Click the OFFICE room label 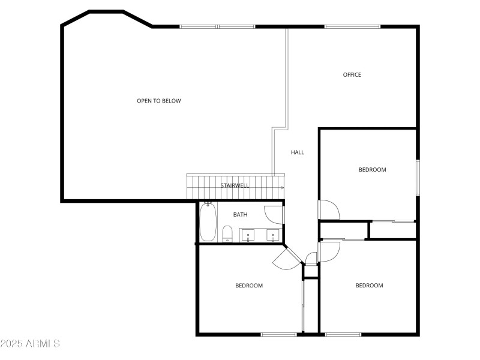click(x=352, y=75)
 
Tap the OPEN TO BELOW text click(x=159, y=101)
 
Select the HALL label click(x=298, y=152)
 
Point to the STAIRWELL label click(x=235, y=185)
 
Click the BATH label click(x=240, y=214)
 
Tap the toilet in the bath click(x=227, y=233)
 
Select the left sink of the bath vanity click(x=249, y=235)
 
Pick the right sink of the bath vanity click(x=272, y=235)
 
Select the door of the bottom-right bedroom click(x=329, y=251)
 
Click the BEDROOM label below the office click(x=372, y=170)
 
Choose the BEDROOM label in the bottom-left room click(x=249, y=286)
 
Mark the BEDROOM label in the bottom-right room click(x=369, y=286)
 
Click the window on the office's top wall click(x=352, y=26)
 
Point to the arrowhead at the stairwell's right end click(x=282, y=188)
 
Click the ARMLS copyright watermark click(x=30, y=344)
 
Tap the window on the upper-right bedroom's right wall click(x=418, y=178)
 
